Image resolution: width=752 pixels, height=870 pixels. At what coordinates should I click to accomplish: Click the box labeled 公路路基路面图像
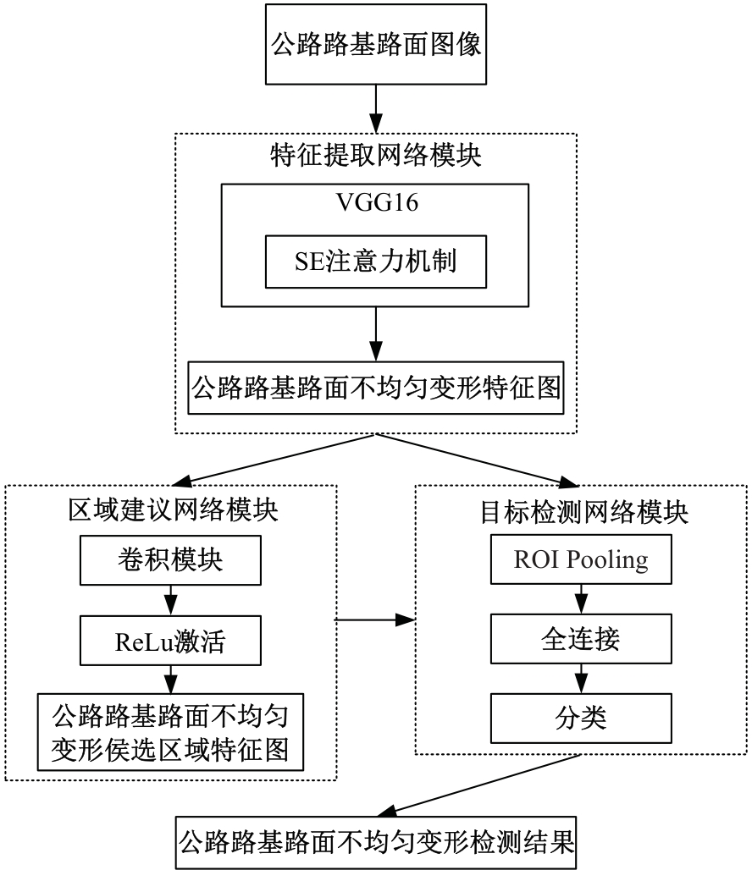point(376,44)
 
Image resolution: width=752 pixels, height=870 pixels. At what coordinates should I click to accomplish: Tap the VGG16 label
point(377,202)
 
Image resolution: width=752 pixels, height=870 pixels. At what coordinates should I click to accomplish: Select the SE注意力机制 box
point(376,262)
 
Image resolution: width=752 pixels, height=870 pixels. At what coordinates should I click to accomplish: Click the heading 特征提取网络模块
point(376,155)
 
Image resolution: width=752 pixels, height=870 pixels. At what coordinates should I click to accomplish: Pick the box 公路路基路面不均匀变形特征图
point(376,388)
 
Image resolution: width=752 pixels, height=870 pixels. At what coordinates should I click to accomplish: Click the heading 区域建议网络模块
point(173,509)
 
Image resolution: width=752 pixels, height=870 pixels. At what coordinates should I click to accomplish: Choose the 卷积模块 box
point(170,560)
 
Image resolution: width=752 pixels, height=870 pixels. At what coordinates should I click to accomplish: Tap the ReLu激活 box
point(170,641)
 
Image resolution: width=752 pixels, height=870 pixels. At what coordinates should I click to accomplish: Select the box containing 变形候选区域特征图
point(170,732)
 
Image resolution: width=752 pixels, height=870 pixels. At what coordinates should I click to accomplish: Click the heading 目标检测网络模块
point(583,511)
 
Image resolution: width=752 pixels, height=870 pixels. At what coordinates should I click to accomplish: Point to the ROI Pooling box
point(581,559)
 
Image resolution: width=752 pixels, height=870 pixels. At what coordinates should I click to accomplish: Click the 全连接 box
point(581,639)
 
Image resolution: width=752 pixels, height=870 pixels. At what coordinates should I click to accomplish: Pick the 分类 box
point(581,718)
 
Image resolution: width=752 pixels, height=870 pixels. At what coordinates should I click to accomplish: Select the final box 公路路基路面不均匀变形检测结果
point(376,842)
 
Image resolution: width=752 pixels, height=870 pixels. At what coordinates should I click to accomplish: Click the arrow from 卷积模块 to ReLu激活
point(171,600)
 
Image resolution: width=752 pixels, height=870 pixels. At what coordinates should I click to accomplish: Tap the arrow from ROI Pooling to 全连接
point(581,599)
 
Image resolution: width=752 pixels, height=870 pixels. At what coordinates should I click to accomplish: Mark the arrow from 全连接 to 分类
point(581,679)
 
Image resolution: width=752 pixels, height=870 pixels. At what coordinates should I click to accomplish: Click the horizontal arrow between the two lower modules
point(375,619)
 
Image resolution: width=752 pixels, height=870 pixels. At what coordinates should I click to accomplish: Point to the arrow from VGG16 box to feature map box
point(376,334)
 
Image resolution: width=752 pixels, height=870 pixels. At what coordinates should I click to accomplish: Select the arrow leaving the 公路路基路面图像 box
point(376,108)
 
